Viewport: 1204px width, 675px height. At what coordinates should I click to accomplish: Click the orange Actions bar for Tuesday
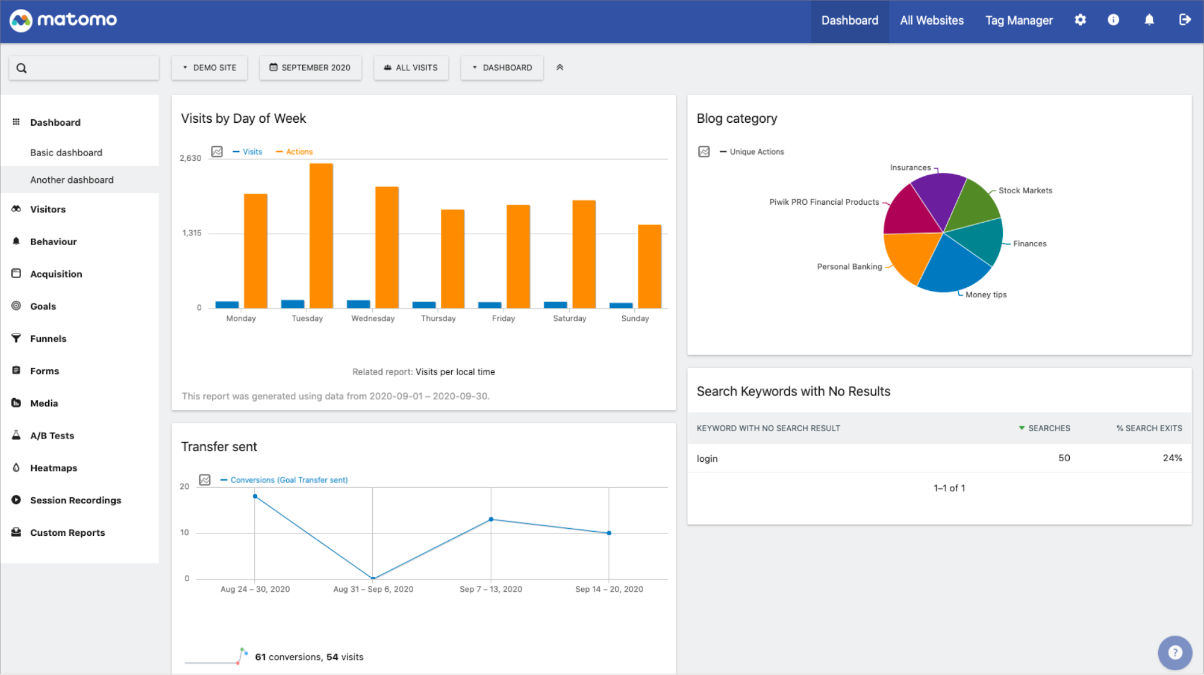321,235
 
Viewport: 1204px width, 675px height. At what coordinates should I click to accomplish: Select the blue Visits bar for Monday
227,305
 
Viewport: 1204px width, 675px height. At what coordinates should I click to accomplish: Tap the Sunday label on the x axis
635,319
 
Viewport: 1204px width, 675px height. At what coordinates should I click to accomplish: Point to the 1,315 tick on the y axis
192,233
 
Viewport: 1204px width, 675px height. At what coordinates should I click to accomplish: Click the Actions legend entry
299,152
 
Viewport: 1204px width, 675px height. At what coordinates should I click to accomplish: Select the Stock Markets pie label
1025,190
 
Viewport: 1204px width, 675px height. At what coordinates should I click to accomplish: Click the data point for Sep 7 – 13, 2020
491,519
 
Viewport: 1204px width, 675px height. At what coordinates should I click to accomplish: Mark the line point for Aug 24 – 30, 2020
255,496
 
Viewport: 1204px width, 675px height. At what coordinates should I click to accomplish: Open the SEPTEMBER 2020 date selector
310,67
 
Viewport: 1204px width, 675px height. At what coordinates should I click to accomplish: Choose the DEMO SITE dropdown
210,67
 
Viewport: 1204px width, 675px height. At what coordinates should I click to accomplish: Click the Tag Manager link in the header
1018,20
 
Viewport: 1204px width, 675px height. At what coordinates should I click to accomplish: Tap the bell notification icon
1149,20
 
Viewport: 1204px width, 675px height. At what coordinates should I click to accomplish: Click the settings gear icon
1080,20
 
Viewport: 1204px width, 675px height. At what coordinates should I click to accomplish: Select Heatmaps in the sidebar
54,468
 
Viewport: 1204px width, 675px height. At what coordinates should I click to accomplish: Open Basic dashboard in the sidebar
66,152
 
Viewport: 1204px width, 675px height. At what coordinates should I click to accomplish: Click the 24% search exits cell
1171,458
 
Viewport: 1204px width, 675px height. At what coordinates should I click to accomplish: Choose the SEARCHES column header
1048,428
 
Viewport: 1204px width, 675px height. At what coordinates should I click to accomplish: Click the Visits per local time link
455,372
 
